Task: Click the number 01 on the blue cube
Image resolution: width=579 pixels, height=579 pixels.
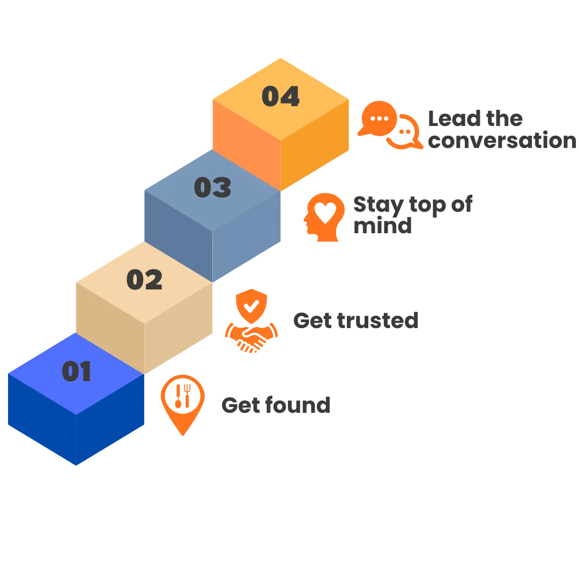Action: click(77, 372)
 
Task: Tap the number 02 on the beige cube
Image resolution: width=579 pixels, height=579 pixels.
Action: click(144, 280)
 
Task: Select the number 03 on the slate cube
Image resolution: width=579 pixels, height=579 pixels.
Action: click(212, 188)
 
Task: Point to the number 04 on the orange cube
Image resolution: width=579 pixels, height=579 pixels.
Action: click(280, 96)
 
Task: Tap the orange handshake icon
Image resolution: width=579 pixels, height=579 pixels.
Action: click(250, 337)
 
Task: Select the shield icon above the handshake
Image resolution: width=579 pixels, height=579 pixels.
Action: click(250, 306)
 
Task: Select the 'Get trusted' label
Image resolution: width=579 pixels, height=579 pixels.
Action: click(355, 320)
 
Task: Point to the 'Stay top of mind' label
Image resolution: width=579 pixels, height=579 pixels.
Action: click(413, 216)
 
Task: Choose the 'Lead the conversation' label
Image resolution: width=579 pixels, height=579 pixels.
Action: click(501, 129)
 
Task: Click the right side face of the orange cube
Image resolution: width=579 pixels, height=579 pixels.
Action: click(315, 145)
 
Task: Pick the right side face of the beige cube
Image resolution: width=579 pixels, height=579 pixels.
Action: click(179, 328)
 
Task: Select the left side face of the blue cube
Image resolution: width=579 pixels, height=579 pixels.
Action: click(42, 418)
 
